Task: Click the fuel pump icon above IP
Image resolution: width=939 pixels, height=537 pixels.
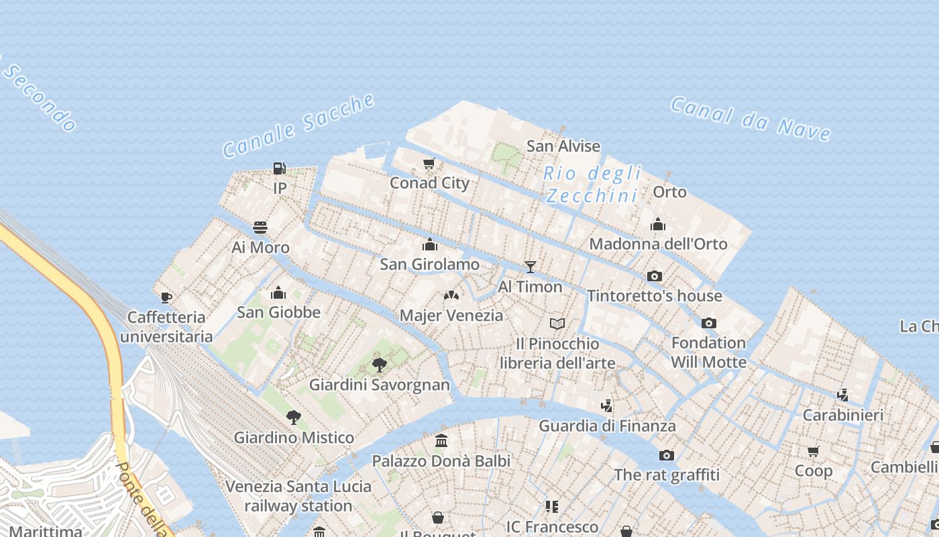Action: point(280,168)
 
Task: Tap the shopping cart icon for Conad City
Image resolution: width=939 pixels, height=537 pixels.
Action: point(429,163)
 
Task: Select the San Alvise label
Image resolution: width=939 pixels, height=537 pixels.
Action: point(563,146)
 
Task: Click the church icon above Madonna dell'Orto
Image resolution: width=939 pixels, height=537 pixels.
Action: point(658,224)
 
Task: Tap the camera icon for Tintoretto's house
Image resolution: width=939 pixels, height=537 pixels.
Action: point(655,276)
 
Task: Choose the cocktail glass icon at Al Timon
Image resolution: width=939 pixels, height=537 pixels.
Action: point(530,267)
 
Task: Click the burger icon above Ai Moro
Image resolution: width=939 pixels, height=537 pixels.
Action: point(260,228)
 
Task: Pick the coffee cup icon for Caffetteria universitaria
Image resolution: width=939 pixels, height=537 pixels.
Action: point(166,297)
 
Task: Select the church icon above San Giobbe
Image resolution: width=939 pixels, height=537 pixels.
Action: point(278,293)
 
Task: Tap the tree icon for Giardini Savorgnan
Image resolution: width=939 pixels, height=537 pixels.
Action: point(379,365)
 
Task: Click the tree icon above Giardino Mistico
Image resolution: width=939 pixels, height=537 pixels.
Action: point(293,418)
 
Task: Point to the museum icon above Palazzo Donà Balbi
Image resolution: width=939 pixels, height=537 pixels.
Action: point(441,441)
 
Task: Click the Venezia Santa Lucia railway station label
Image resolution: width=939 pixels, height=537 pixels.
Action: point(298,496)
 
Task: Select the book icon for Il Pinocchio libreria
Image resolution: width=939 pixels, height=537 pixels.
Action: point(557,324)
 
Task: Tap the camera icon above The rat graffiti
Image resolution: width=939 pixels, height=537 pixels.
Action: point(666,455)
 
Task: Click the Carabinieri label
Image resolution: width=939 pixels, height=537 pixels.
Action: point(842,415)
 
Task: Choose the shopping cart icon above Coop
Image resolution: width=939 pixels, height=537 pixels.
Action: point(814,451)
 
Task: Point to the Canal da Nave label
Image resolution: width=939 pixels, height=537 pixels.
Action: point(751,118)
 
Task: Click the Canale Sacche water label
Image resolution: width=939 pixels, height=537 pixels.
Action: point(298,126)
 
